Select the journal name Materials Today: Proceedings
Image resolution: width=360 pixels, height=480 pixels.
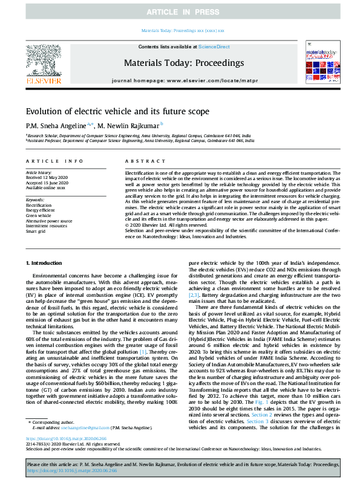pos(183,63)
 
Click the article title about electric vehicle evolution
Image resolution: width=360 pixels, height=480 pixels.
pos(126,111)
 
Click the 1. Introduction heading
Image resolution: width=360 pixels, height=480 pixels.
pos(45,263)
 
